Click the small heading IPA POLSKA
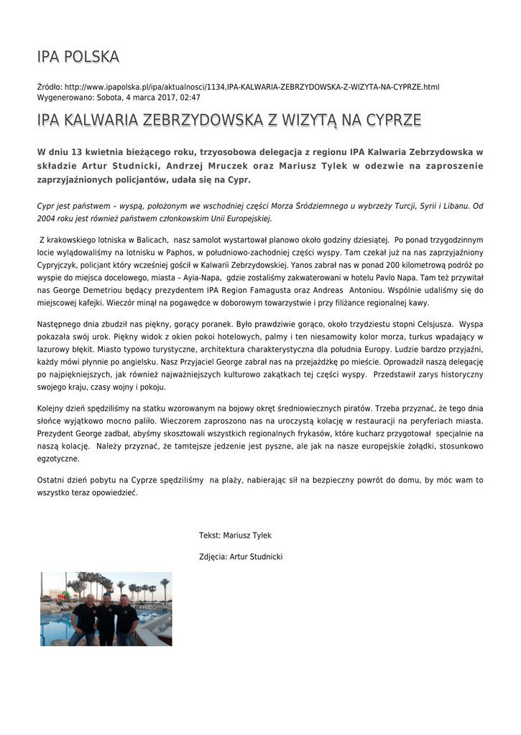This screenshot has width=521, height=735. pos(78,57)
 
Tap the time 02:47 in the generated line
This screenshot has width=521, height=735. pos(190,97)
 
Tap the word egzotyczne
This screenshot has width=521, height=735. pos(57,458)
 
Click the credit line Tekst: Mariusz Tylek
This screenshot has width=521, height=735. pos(236,535)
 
